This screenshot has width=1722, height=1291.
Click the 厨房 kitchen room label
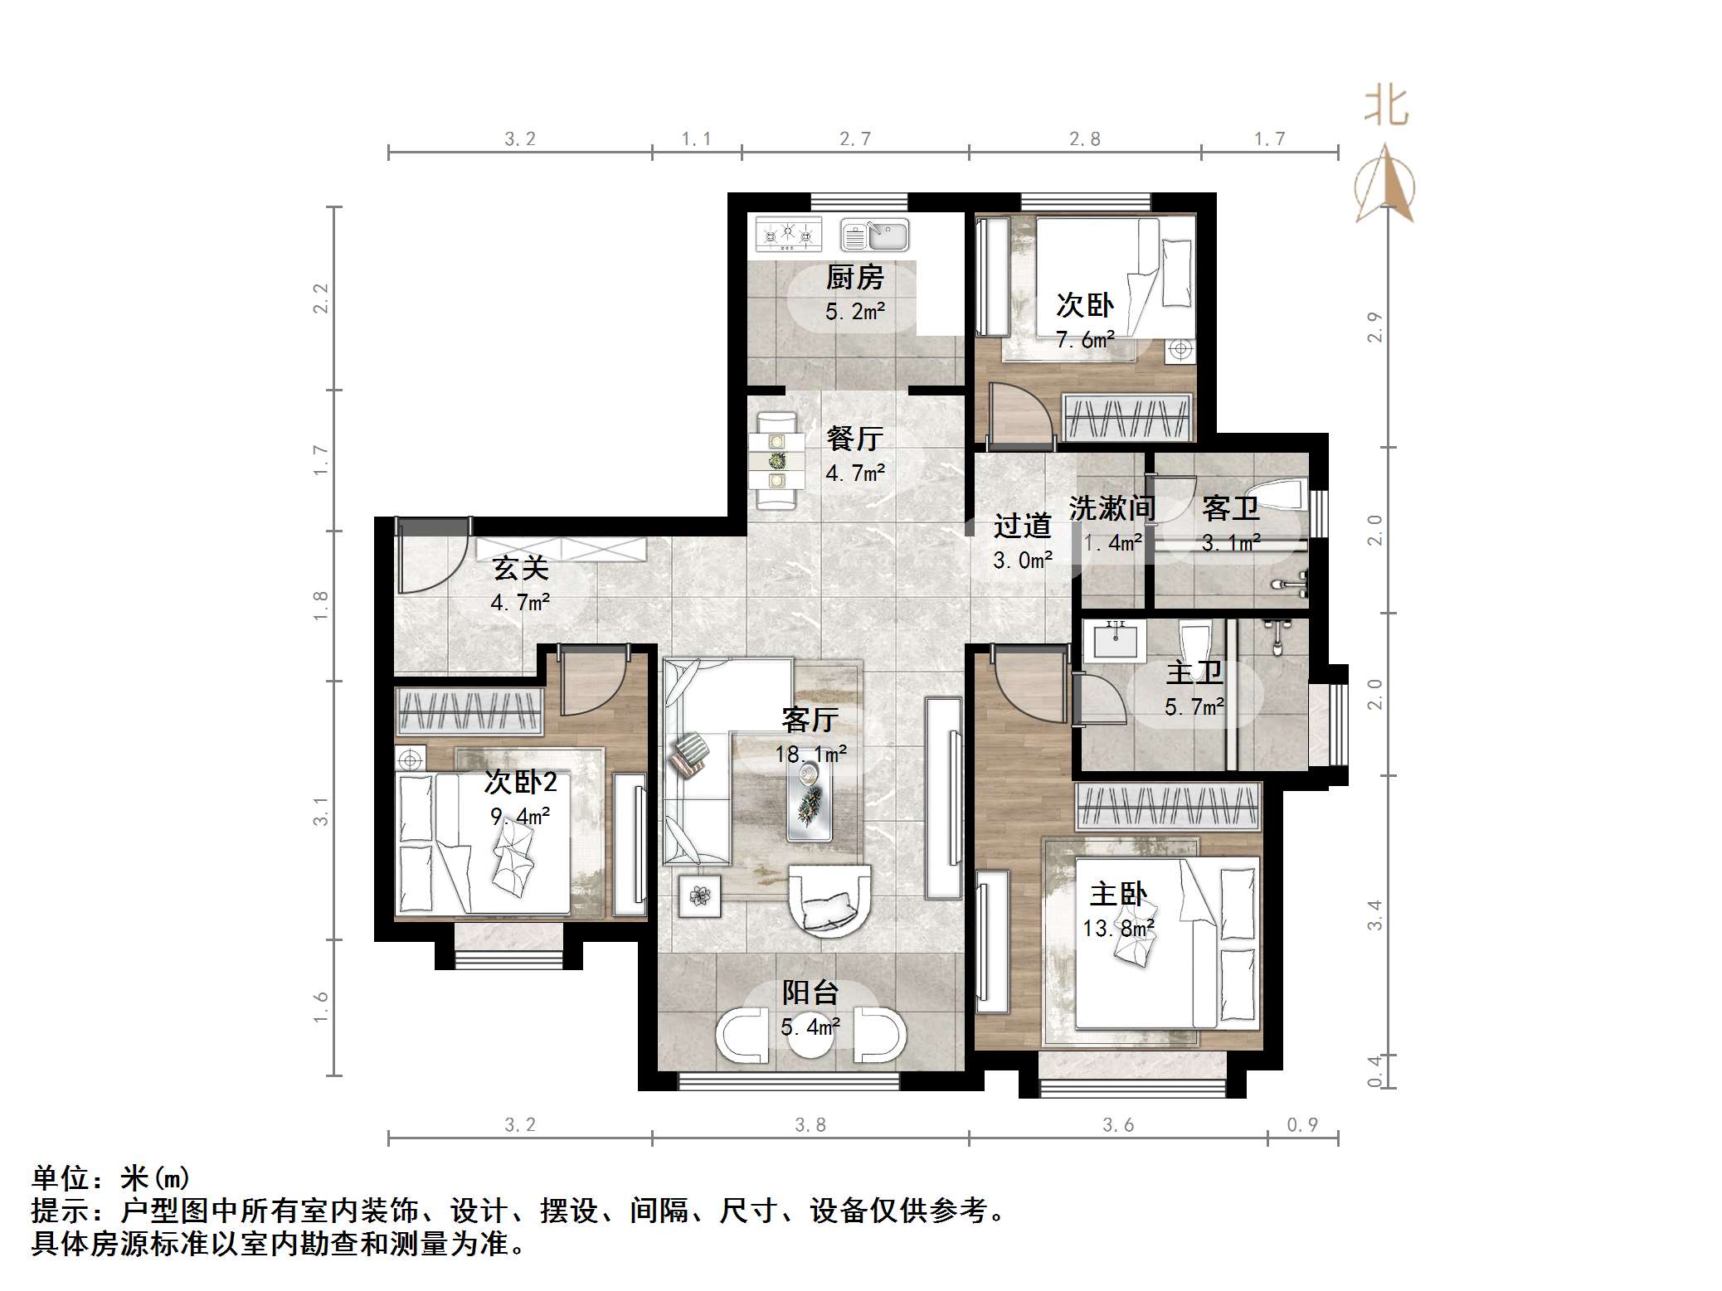click(x=854, y=278)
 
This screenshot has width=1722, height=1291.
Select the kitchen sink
click(x=875, y=235)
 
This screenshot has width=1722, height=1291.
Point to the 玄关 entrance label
click(x=520, y=569)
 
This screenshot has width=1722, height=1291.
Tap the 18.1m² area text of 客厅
click(x=810, y=754)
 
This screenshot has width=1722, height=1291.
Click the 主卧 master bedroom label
click(x=1118, y=894)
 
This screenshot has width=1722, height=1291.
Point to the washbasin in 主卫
click(x=1116, y=639)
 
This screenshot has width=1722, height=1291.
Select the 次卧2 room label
click(x=520, y=782)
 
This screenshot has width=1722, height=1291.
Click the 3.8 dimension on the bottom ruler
click(x=810, y=1124)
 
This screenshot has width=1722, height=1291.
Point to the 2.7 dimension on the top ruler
click(x=854, y=138)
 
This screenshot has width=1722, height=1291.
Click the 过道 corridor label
click(x=1022, y=526)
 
